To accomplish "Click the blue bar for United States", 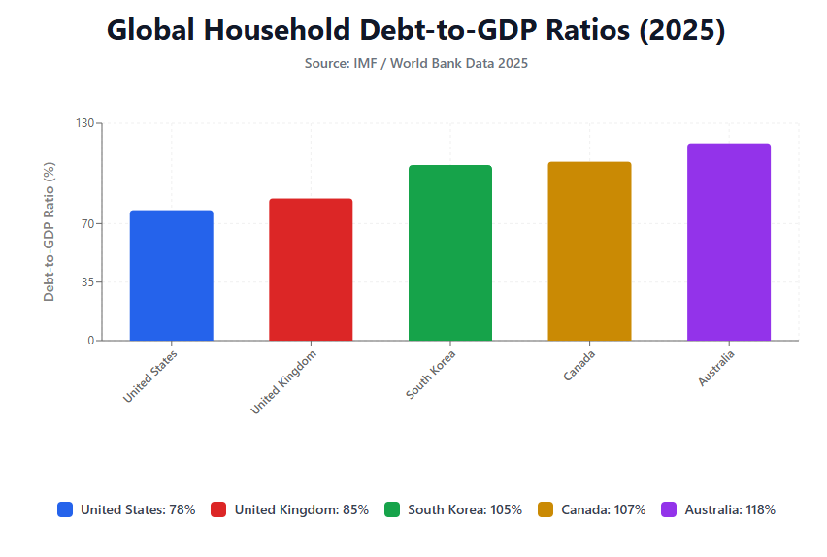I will click(x=171, y=276).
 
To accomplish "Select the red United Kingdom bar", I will click(x=311, y=270).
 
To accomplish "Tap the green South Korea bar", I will click(x=450, y=253).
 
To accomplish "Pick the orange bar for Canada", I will click(x=589, y=251).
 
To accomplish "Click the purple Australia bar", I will click(x=729, y=243).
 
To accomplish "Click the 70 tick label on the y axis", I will click(x=86, y=224).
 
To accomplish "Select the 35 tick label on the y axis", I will click(x=86, y=282).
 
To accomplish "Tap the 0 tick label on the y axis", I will click(x=90, y=341).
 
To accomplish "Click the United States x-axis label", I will click(x=150, y=377).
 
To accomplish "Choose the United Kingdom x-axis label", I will click(x=283, y=382).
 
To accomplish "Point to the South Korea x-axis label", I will click(x=431, y=374).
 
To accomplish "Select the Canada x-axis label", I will click(x=579, y=365).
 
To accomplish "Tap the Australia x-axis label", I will click(x=716, y=368).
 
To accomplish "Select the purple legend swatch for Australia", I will click(x=669, y=509).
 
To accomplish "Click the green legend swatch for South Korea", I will click(x=392, y=509).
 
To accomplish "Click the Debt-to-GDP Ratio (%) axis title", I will click(x=50, y=231).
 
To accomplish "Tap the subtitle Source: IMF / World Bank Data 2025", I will click(x=415, y=63).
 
